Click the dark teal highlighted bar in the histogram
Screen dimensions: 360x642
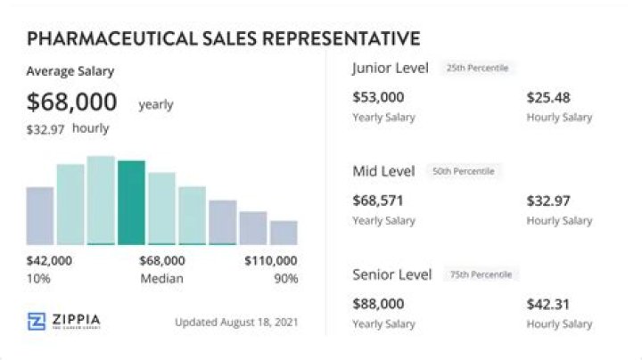131,202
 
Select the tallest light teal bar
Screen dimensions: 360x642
101,200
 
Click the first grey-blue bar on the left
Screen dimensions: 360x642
40,215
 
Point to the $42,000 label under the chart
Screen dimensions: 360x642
50,261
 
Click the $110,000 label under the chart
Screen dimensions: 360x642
271,261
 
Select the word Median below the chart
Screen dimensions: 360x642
161,279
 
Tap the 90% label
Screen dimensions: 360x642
285,279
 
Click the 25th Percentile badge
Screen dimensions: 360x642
479,69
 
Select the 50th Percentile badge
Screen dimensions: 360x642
464,171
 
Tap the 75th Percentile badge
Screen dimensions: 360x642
481,274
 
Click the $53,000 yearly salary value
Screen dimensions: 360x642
378,97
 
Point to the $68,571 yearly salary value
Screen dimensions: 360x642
378,200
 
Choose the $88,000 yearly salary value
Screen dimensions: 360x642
378,304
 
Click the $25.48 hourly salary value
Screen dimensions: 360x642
548,97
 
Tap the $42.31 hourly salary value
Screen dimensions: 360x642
548,304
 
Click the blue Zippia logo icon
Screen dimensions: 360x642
37,322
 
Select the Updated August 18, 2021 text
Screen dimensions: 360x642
237,322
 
